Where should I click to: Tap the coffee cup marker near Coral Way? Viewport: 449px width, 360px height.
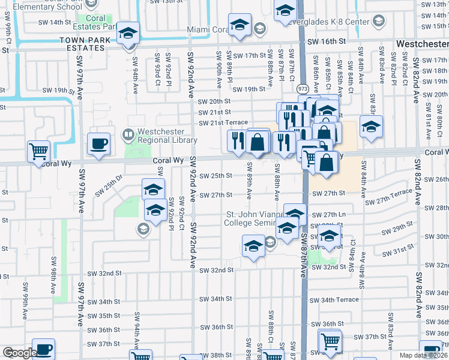pyautogui.click(x=98, y=144)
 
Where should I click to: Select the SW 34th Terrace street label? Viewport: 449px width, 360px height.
pyautogui.click(x=334, y=299)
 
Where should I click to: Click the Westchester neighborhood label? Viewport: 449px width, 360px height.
pyautogui.click(x=421, y=44)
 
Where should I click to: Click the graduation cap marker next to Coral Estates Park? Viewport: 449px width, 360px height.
pyautogui.click(x=128, y=34)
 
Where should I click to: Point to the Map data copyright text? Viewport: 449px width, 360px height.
pyautogui.click(x=424, y=355)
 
